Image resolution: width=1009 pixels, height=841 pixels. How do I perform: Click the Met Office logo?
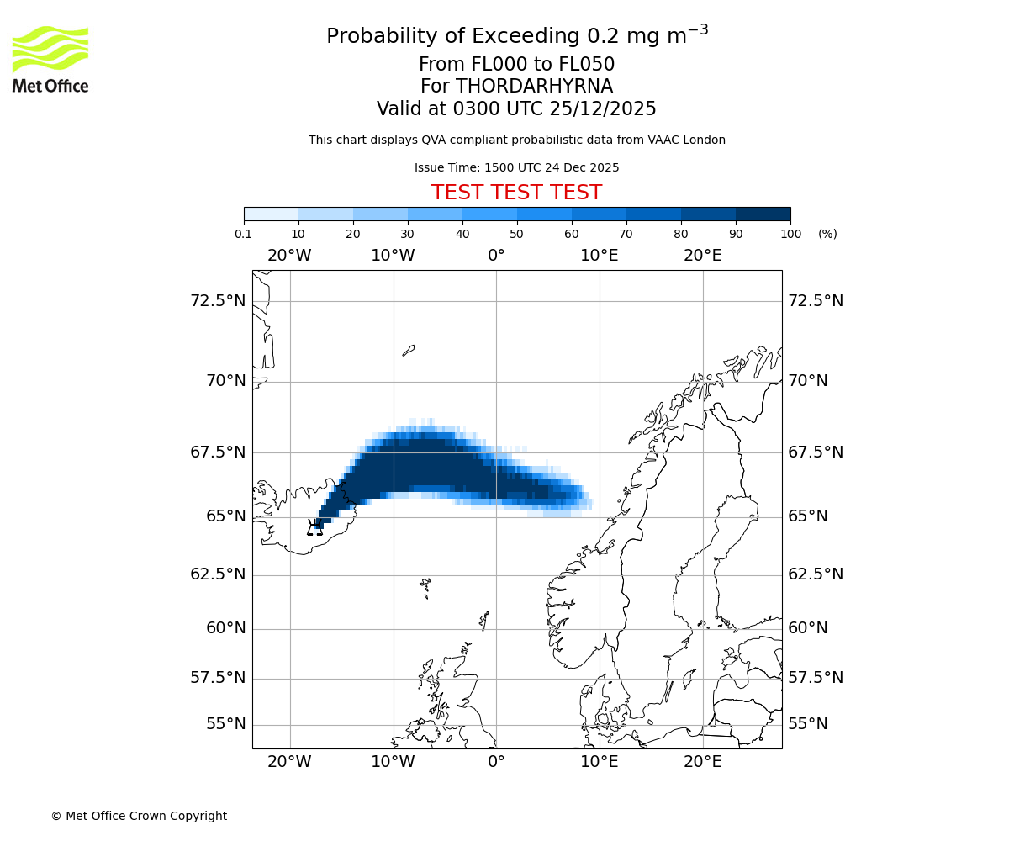coord(50,59)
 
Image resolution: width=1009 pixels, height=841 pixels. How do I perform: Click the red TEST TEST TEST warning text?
coord(516,193)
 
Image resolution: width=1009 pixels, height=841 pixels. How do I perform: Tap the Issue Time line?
coord(516,167)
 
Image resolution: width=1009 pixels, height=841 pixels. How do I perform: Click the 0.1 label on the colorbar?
coord(244,234)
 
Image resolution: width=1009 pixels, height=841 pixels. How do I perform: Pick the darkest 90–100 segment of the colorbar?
coord(763,214)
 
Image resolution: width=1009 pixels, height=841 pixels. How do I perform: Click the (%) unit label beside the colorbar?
coord(827,234)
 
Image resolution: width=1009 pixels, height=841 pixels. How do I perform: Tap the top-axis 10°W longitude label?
coord(393,256)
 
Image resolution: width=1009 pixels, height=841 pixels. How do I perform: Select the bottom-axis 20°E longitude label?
coord(702,762)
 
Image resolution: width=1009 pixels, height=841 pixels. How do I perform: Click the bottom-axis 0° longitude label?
coord(496,762)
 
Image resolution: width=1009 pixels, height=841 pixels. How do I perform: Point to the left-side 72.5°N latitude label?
coord(218,301)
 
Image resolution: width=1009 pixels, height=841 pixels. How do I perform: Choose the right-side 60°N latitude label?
coord(807,628)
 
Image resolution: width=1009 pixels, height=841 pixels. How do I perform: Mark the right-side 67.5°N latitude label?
coord(815,452)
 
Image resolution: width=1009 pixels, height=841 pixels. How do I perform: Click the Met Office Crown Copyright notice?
coord(139,816)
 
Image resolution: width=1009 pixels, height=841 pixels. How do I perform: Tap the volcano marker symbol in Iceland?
coord(315,528)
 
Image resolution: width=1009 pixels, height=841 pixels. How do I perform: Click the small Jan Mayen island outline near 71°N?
coord(409,350)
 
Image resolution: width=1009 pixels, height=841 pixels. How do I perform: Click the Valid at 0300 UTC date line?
coord(516,109)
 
